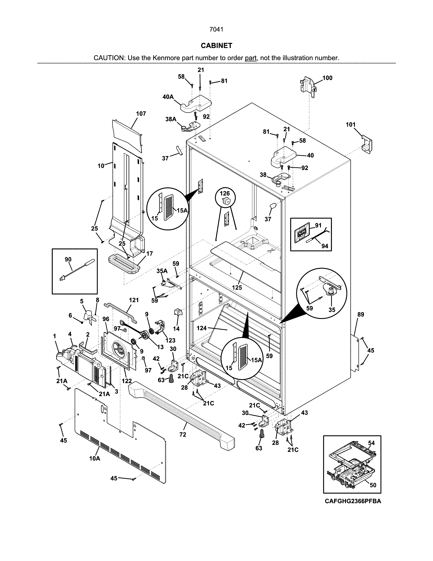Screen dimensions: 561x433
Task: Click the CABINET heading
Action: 216,46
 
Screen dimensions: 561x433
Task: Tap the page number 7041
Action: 216,30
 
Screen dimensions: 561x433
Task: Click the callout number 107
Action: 141,114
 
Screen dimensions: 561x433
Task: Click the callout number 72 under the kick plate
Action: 183,434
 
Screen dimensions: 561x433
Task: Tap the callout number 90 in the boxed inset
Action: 68,259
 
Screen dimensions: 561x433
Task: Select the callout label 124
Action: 202,328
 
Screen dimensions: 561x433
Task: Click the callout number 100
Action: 327,78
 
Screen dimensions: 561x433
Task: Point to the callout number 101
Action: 351,125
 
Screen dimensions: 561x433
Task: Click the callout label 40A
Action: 168,97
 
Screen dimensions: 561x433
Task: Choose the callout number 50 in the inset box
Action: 373,485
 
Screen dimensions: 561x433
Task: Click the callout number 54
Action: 371,443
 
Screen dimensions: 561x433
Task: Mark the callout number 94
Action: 324,246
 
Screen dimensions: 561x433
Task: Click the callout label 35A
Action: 162,271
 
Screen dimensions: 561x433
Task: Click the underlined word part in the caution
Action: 251,58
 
